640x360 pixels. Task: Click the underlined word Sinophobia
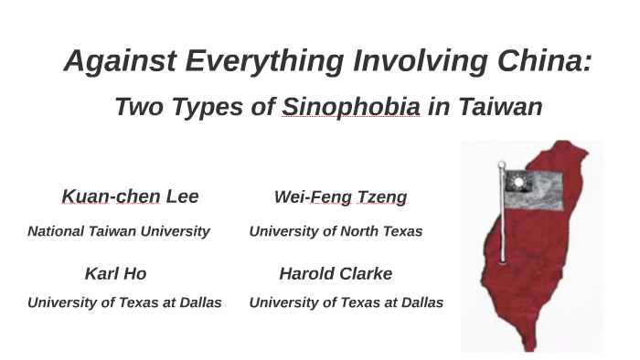pos(351,107)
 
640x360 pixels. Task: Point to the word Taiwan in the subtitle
pos(498,107)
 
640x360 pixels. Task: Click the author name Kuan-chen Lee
pos(130,196)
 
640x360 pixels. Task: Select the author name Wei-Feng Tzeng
pos(340,197)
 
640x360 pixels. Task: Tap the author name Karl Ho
pos(115,273)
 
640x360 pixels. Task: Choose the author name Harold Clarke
pos(336,273)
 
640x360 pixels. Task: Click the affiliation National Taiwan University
pos(119,231)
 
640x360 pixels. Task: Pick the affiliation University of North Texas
pos(336,231)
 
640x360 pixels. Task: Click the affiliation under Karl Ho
pos(124,302)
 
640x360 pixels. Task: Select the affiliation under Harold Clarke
pos(346,302)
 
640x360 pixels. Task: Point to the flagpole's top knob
pos(502,164)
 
